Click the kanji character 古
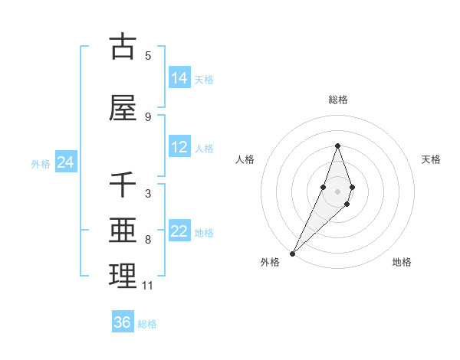(123, 47)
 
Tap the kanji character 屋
(123, 109)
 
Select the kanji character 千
(123, 186)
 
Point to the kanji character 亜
(123, 232)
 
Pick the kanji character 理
(123, 277)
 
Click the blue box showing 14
(179, 78)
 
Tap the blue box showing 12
(179, 148)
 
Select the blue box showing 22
(179, 232)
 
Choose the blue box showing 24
(65, 162)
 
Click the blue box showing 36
(123, 322)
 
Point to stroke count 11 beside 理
(148, 286)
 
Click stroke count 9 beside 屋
(148, 116)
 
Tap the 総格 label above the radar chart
(337, 100)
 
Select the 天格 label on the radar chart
(432, 159)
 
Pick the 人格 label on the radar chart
(245, 159)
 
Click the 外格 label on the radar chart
(270, 262)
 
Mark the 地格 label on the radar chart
(402, 262)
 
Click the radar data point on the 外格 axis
(292, 253)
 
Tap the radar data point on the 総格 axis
(337, 146)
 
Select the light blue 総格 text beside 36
(147, 324)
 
